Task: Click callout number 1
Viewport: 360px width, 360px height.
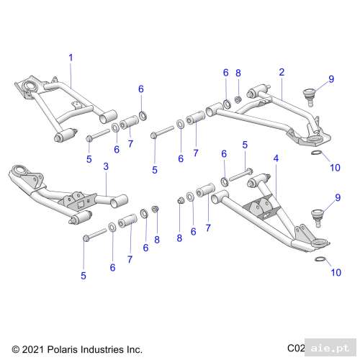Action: click(x=71, y=56)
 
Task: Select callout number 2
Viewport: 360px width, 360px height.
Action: click(x=282, y=72)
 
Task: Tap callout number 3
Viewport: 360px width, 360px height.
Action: click(x=105, y=166)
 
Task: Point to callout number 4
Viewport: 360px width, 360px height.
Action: click(x=276, y=156)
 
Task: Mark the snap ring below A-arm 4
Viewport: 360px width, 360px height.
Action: click(x=318, y=258)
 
